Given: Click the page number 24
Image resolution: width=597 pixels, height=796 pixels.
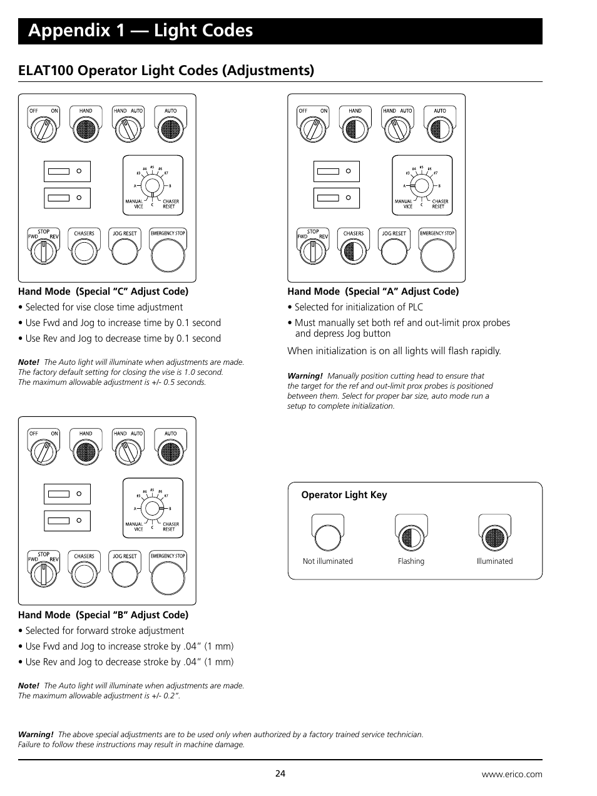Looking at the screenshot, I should coord(280,773).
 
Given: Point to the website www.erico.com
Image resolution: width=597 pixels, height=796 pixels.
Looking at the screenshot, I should coord(511,774).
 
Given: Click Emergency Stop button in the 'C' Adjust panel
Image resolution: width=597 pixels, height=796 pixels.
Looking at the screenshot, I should coord(168,253).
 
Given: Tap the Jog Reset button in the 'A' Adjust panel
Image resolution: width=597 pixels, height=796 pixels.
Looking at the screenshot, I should coord(394,252).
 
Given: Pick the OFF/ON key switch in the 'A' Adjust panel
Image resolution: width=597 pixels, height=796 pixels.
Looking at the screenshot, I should coord(312,129).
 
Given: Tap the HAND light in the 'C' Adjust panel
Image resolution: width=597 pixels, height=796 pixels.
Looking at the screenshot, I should coord(86,129).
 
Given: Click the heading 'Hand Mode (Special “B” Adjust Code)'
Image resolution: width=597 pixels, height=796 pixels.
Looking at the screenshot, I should coord(103,615).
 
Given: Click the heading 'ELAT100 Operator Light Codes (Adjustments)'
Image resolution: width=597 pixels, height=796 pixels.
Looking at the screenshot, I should coord(166,70).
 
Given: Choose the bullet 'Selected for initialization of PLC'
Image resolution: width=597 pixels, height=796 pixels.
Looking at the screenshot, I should coord(358,307).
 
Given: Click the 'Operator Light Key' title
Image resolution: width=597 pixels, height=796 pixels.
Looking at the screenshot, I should coord(344,495).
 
